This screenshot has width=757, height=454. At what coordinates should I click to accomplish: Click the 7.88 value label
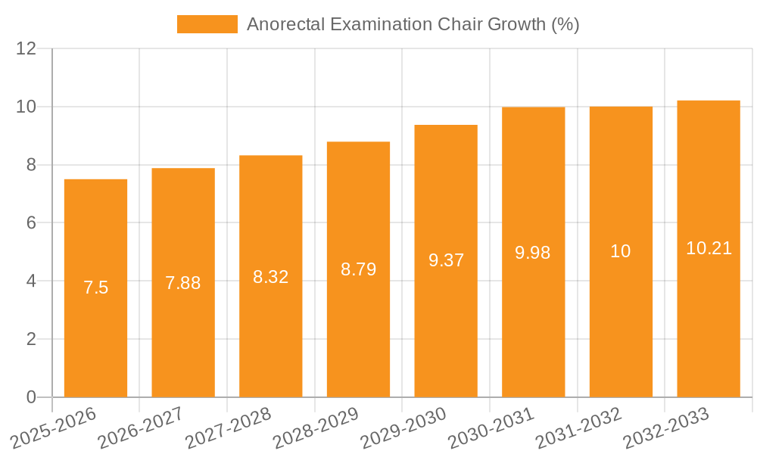click(183, 283)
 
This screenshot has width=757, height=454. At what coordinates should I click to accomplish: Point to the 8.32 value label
click(271, 277)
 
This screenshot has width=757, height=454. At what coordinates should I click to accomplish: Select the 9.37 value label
click(446, 260)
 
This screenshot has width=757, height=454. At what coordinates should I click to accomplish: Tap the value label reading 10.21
click(709, 248)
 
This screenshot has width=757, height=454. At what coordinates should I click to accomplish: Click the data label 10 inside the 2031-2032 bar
click(621, 251)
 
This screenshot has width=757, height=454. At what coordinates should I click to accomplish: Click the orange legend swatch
click(207, 24)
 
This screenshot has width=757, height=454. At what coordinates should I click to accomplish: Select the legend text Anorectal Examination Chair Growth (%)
click(413, 24)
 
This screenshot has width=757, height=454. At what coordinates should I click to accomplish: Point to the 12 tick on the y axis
click(26, 49)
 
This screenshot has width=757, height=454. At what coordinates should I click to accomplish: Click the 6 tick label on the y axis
click(31, 223)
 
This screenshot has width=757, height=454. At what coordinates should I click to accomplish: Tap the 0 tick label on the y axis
click(31, 397)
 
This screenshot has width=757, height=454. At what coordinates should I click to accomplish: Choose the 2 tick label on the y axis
click(31, 339)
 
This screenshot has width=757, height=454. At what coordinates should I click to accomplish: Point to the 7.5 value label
click(95, 288)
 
